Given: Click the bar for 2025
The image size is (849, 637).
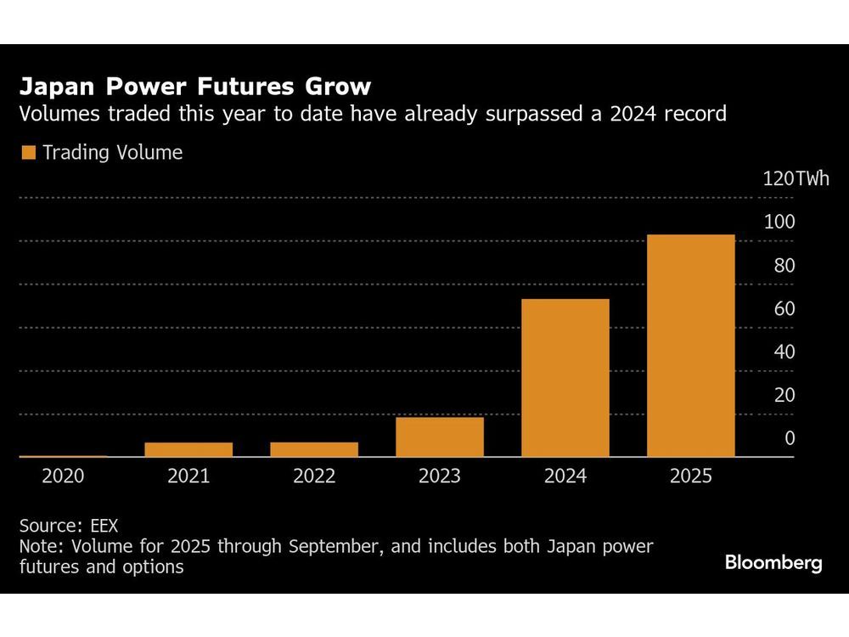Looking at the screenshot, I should pos(691,346).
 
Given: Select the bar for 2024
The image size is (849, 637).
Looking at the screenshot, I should pos(565,378).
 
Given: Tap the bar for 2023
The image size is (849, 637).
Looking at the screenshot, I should pos(440,437).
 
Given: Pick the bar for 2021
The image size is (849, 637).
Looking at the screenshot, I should pos(188,449).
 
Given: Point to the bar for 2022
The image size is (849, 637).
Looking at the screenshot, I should pos(314,449).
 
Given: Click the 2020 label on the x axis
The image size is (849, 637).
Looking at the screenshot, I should pos(63,476).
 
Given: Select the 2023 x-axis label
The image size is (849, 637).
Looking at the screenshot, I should pos(440,476).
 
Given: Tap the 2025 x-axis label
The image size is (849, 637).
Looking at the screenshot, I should pos(691,476).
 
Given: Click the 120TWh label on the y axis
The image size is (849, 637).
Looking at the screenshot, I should pos(796,178).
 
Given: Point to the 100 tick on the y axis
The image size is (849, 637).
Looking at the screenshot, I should pos(779,222).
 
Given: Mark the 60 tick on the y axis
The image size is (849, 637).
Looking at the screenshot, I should pos(784,308).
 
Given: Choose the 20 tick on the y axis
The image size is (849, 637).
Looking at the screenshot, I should pos(784,395).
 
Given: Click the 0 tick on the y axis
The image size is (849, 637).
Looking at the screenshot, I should pos(790,438).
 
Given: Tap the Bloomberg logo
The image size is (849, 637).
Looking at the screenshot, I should pos(773,562).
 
